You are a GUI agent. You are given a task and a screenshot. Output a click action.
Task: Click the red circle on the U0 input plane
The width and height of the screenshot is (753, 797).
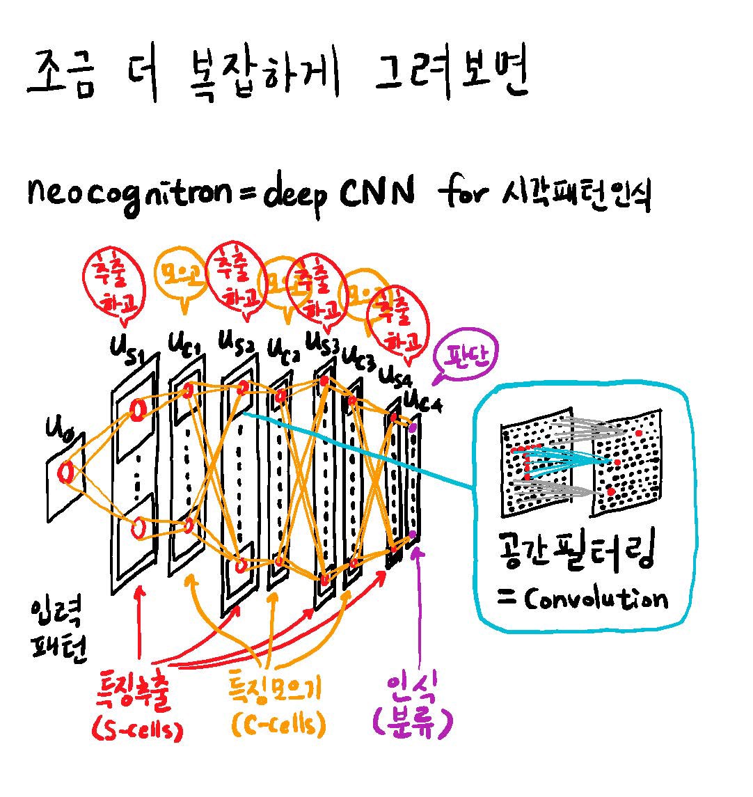pos(67,473)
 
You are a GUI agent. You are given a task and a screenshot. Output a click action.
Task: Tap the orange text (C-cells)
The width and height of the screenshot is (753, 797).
pos(276,726)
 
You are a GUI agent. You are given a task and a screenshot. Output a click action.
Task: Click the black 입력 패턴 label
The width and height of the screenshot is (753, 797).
pos(58,630)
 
